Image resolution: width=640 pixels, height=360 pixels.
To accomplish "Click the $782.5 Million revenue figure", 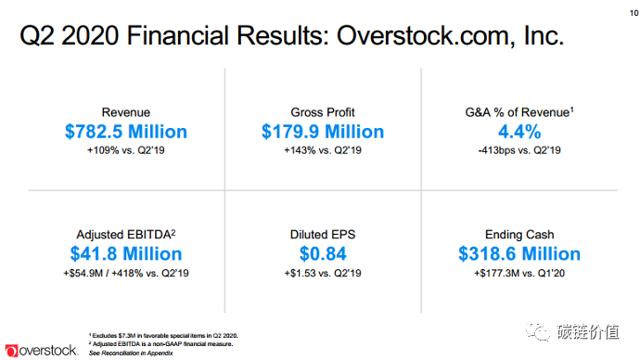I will [126, 131].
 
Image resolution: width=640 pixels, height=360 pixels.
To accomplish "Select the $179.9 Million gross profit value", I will [322, 131].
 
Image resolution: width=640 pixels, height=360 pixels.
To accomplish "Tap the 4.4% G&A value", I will [519, 131].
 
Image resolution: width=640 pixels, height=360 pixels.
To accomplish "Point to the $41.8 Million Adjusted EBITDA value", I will [126, 253].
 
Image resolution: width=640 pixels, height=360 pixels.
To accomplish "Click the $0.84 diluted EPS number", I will [322, 253].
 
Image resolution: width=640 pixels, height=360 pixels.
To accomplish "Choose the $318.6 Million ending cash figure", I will [519, 253].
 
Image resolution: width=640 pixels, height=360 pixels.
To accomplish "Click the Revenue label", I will [126, 111].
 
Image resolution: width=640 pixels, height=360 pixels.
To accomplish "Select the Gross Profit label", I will [322, 111].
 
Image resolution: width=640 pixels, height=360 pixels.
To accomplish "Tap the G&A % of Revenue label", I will [519, 111].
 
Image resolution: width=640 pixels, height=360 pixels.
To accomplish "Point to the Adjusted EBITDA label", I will [126, 234].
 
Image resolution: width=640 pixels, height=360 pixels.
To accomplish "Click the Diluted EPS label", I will [322, 234].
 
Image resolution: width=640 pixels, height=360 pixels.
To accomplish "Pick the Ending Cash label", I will [519, 234].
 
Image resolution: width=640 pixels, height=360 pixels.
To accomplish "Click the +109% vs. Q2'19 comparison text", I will [126, 149].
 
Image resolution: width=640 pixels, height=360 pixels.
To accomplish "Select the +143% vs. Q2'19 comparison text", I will [322, 149].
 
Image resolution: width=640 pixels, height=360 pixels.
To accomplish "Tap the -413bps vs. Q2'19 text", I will [519, 149].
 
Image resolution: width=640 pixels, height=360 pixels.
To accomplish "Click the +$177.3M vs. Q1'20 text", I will [519, 272].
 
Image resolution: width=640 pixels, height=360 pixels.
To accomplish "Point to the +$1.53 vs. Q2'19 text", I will [322, 272].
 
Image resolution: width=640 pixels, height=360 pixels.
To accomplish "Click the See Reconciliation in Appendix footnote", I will [129, 354].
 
